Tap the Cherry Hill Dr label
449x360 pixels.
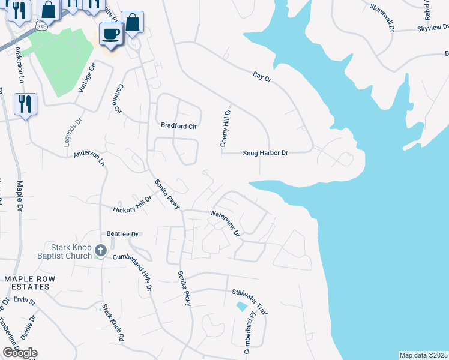pos(225,128)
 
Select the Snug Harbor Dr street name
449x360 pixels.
pos(265,153)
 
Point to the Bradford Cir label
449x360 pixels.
pos(179,126)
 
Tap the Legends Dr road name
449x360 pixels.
pos(71,131)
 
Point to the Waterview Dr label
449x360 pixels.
pos(224,222)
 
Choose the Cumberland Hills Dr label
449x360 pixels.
pos(142,275)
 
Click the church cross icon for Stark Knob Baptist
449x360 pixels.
pos(101,250)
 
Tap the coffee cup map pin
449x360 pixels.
pos(110,33)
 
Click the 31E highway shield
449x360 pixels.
pos(41,27)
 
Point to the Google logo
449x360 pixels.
pos(20,353)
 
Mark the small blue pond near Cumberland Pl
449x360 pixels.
pos(241,307)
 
